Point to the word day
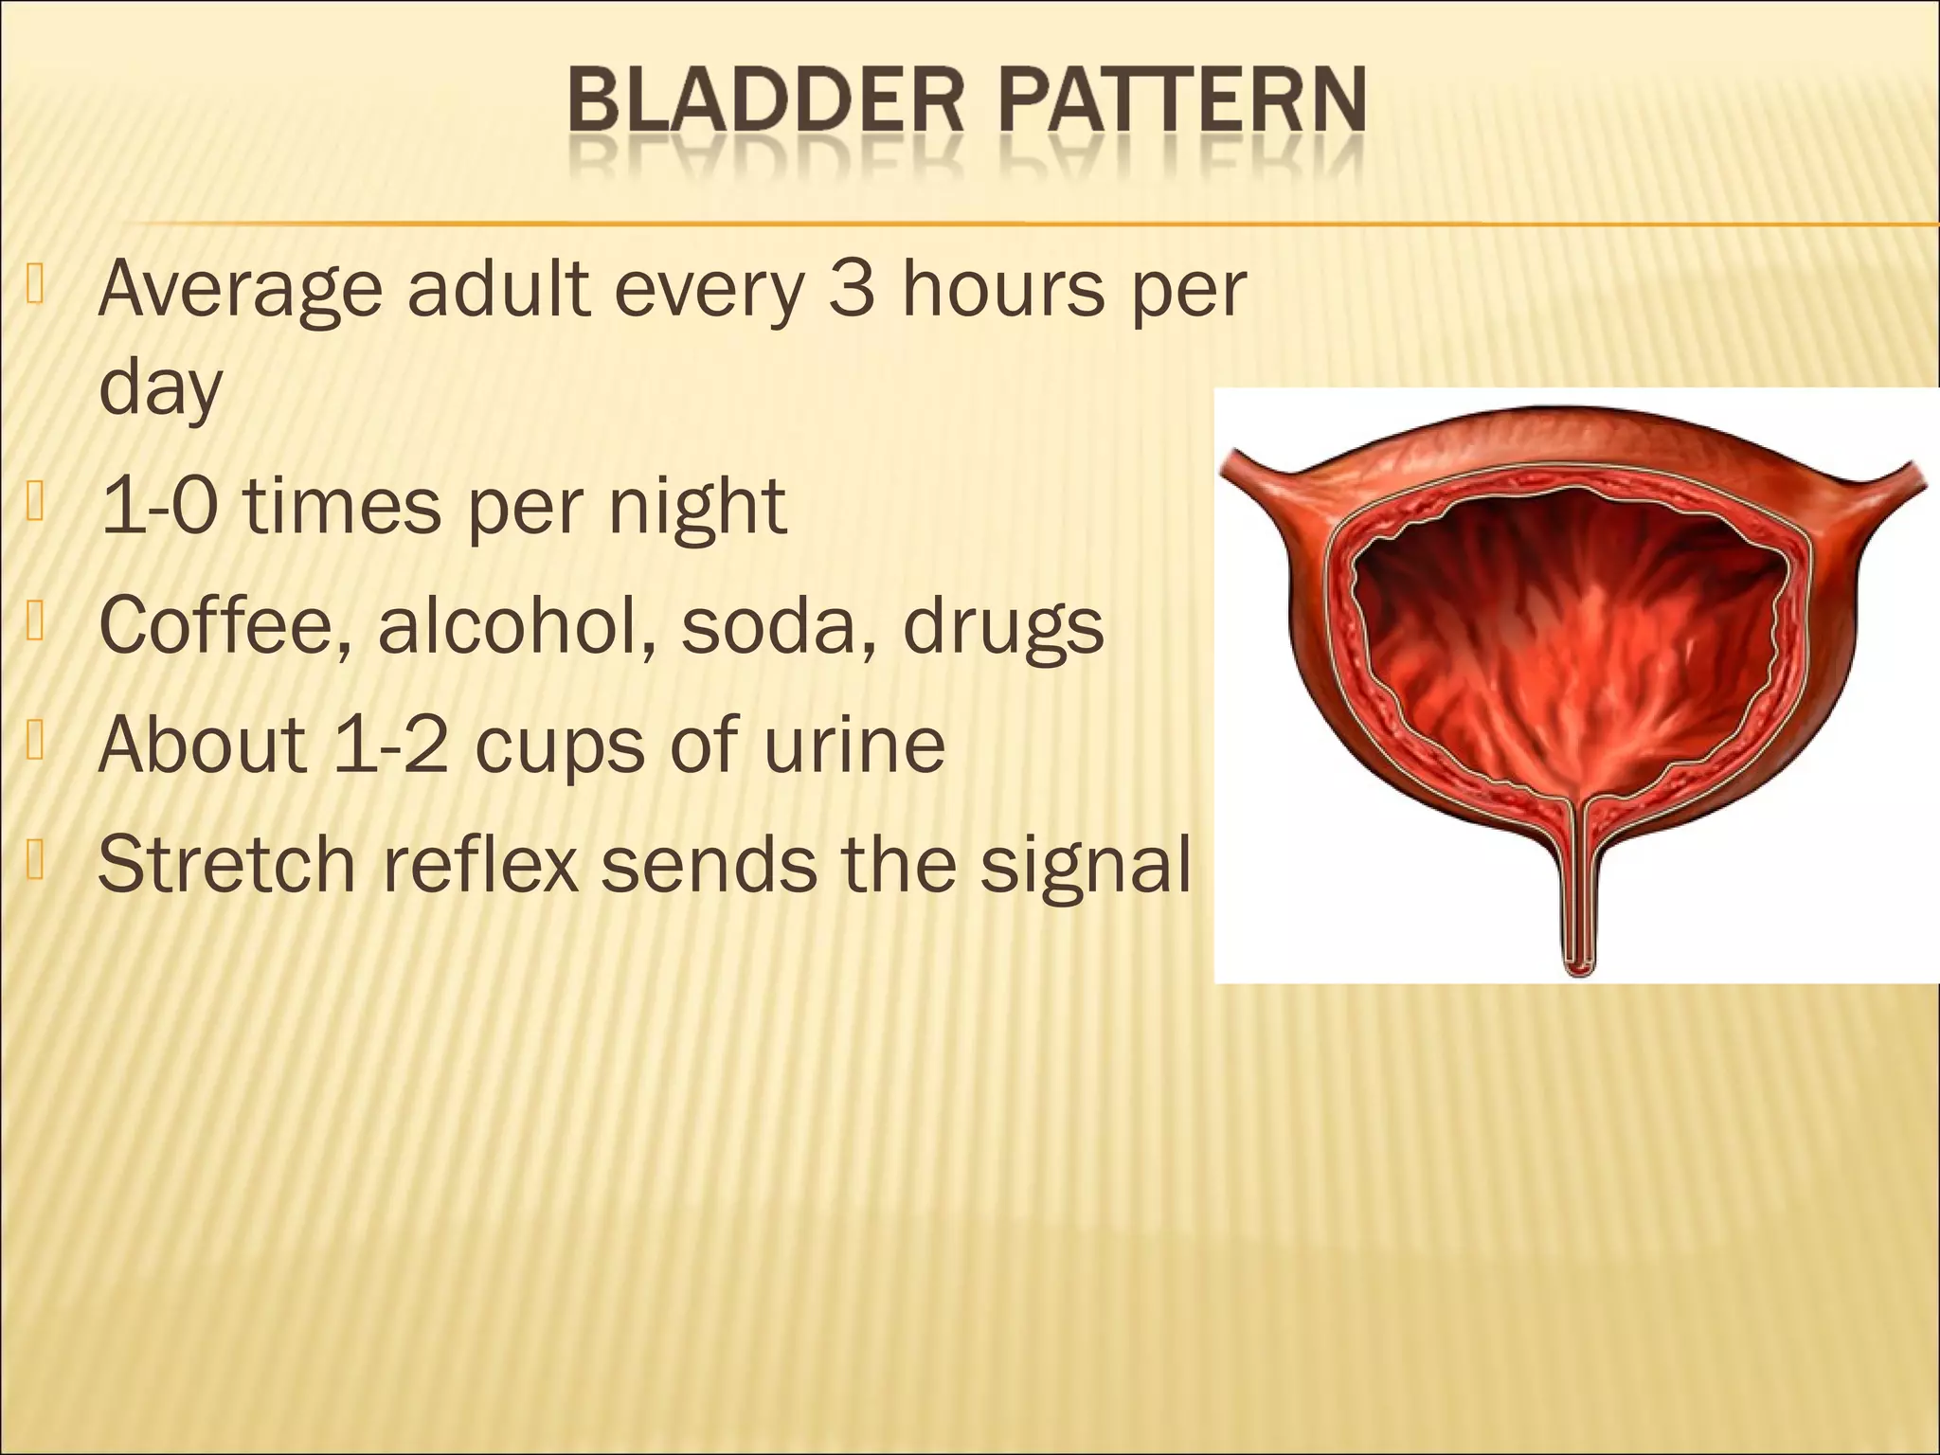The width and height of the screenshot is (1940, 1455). click(x=160, y=387)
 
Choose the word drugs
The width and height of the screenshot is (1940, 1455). click(x=1003, y=628)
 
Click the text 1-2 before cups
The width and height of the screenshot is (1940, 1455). click(x=390, y=744)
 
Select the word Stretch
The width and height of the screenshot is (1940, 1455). click(x=226, y=863)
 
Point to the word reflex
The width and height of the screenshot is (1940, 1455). click(x=480, y=863)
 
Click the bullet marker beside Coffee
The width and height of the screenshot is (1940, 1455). click(x=36, y=621)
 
